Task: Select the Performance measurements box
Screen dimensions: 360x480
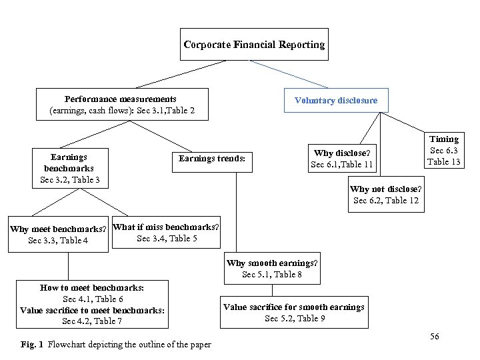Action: (122, 104)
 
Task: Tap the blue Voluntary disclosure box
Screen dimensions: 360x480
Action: (336, 101)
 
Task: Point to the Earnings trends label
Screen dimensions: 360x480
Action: (212, 159)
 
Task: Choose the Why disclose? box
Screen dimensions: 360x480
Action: (342, 159)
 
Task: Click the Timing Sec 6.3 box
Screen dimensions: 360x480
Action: (444, 149)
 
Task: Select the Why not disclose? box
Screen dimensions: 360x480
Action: (386, 195)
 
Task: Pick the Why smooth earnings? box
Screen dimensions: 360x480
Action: (272, 268)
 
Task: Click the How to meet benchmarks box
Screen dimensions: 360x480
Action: (93, 304)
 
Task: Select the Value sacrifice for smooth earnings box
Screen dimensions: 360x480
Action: (294, 312)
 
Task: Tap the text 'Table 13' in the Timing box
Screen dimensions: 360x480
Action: (444, 161)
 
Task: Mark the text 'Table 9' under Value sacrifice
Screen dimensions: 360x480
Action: (311, 318)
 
